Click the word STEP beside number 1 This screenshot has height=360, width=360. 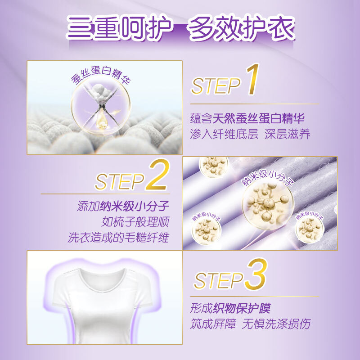point(216,86)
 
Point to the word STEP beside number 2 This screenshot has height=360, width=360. point(120,182)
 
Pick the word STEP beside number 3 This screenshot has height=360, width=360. point(218,280)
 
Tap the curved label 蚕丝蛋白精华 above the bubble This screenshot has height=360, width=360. point(100,75)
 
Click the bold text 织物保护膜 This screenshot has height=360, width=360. point(242,308)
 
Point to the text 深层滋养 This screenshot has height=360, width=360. point(288,134)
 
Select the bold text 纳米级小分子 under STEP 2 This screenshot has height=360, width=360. point(135,206)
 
